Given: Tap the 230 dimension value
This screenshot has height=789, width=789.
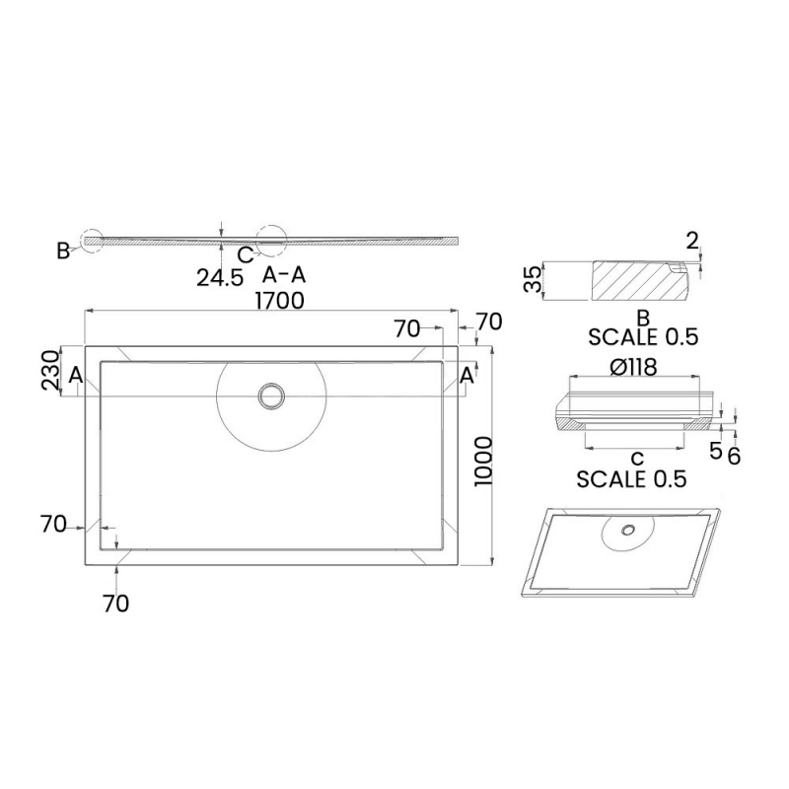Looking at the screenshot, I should (51, 371).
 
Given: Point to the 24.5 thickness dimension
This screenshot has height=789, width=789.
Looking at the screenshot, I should (219, 277).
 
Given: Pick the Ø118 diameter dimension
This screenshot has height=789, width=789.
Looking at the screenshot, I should (634, 366).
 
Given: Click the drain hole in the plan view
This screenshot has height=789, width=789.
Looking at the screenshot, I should (270, 395).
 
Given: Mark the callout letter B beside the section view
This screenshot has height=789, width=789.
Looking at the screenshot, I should (63, 251).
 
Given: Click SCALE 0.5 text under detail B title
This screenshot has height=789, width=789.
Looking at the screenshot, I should (643, 336).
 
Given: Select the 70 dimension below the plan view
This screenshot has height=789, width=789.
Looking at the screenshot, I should (115, 604).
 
